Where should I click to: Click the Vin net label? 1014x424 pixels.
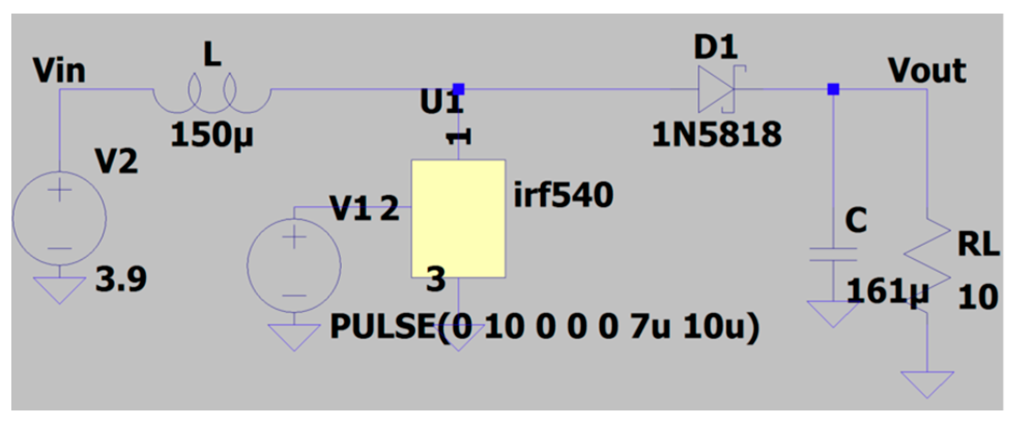[x=59, y=71]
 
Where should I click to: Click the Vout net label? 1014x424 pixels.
[x=926, y=70]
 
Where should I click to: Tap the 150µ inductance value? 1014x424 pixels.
[x=212, y=135]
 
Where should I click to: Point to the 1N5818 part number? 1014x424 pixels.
[x=716, y=135]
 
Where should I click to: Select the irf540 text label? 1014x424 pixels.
[x=563, y=195]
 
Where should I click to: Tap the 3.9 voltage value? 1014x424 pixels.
[x=121, y=279]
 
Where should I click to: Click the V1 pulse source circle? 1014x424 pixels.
[x=294, y=266]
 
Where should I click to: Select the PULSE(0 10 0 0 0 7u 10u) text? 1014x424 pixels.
[x=544, y=327]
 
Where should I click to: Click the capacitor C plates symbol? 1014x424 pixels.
[x=833, y=254]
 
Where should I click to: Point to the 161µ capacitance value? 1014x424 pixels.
[x=887, y=291]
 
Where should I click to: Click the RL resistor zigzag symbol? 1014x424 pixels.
[x=927, y=264]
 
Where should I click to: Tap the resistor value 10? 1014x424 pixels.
[x=977, y=297]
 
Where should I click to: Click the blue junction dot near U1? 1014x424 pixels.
[x=458, y=89]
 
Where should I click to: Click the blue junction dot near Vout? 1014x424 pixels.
[x=833, y=89]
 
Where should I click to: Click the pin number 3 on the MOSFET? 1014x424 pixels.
[x=436, y=280]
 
